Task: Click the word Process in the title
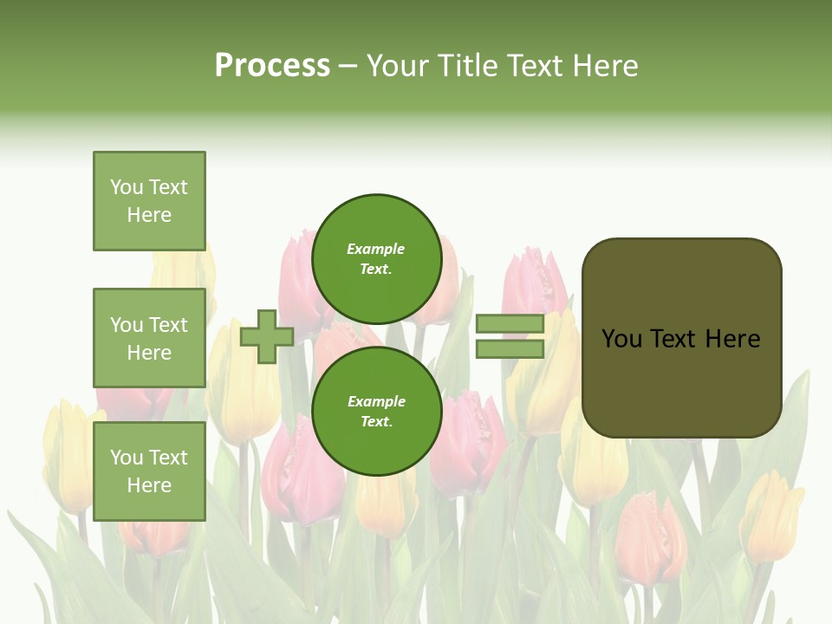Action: tap(272, 66)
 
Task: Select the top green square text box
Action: tap(149, 201)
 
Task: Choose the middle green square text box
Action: tap(149, 338)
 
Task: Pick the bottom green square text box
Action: tap(149, 471)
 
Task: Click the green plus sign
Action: tap(266, 336)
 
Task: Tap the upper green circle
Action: tap(377, 259)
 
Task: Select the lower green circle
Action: tap(377, 412)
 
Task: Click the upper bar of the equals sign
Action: tap(510, 324)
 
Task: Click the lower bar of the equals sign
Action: tap(510, 348)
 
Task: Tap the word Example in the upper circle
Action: tap(375, 249)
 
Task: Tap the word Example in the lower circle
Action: tap(375, 401)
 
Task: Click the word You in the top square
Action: tap(127, 187)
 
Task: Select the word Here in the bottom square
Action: tap(149, 485)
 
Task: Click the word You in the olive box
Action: tap(621, 339)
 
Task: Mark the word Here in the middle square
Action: tap(149, 353)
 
